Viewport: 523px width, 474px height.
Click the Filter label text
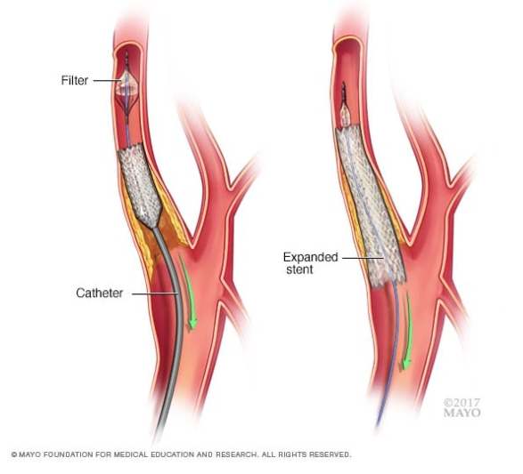coord(75,81)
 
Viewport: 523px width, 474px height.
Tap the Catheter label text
coord(100,293)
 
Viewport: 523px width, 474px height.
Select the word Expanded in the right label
coord(311,257)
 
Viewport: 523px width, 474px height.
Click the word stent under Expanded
coord(300,269)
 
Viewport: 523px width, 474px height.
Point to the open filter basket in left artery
coord(127,87)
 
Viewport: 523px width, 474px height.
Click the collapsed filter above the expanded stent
coord(345,114)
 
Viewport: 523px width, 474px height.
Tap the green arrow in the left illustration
coord(187,290)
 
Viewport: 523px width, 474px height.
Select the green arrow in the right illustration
coord(408,330)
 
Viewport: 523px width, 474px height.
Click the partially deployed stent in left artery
coord(140,185)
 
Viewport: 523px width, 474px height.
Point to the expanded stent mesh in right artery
coord(370,206)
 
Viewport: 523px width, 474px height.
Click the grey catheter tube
coord(175,319)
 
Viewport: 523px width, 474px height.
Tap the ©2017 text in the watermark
coord(462,403)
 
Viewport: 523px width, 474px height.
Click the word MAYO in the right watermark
coord(462,414)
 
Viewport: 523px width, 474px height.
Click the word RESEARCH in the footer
coord(236,454)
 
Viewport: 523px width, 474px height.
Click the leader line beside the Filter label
coord(107,80)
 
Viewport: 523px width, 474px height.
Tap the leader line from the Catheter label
coord(154,293)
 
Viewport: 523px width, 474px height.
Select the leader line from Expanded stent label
coord(363,258)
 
